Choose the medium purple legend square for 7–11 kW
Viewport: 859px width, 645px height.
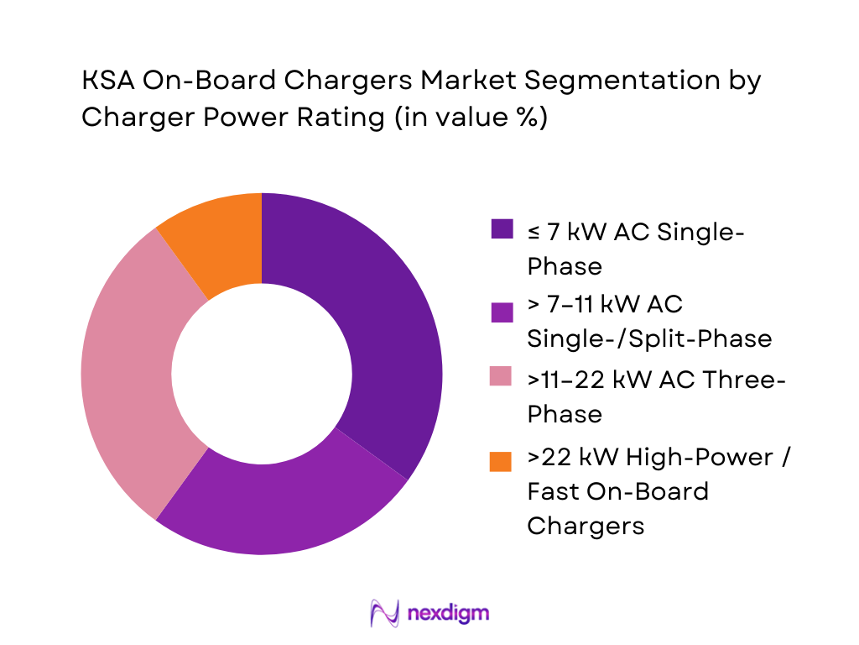point(501,312)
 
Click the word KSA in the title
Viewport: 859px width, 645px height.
point(107,81)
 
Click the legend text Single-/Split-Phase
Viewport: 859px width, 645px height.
point(649,338)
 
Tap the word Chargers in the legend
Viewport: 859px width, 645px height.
point(586,525)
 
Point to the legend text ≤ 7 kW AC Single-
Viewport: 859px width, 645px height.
point(635,232)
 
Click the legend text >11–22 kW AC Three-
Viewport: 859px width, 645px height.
point(656,380)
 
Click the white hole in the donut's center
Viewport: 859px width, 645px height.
point(262,374)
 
